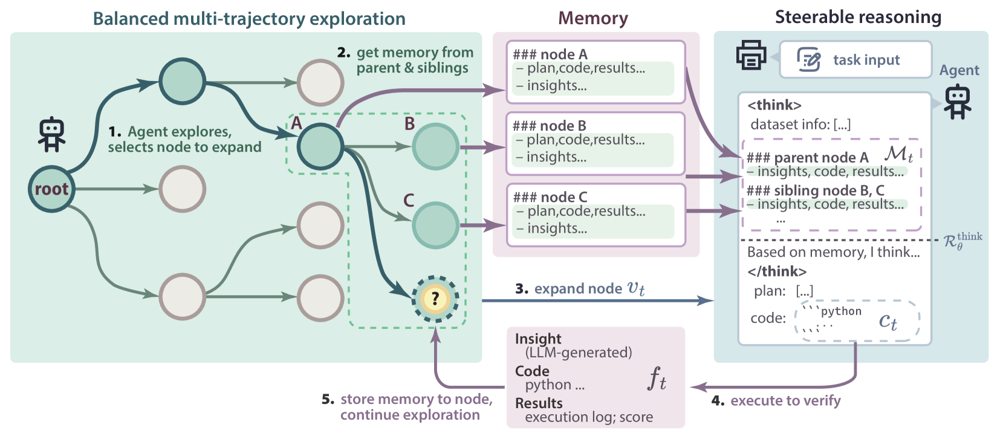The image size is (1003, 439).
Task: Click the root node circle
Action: (x=51, y=189)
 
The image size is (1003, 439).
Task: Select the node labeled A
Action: (x=320, y=146)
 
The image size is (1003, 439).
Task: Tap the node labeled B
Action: (x=435, y=146)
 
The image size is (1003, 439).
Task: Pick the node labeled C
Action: (x=435, y=225)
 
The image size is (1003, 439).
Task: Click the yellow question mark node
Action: (x=435, y=299)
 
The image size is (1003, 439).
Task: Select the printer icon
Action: (x=751, y=55)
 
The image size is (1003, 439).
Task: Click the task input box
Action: (x=855, y=60)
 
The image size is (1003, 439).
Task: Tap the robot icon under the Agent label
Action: (x=957, y=102)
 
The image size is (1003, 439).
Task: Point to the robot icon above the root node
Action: (x=51, y=134)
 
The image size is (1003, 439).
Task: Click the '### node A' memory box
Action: (x=596, y=72)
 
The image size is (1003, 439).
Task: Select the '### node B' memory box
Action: (x=596, y=143)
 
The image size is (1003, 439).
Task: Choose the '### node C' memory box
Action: (x=596, y=215)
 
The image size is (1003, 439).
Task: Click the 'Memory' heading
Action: (x=593, y=18)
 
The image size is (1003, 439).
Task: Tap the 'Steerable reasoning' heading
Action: (x=858, y=18)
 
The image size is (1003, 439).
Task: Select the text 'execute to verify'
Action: (x=785, y=400)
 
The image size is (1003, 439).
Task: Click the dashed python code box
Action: (x=857, y=320)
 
